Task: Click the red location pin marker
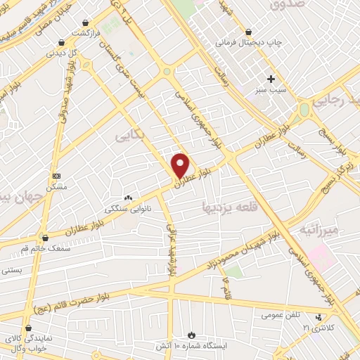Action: coord(181,165)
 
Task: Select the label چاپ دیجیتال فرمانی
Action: coord(248,43)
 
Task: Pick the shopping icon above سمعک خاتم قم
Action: coord(45,238)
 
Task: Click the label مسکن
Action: coord(56,187)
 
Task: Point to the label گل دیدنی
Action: coord(62,53)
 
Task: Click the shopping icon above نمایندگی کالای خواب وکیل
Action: coord(28,328)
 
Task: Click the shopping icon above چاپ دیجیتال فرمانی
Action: coord(248,32)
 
